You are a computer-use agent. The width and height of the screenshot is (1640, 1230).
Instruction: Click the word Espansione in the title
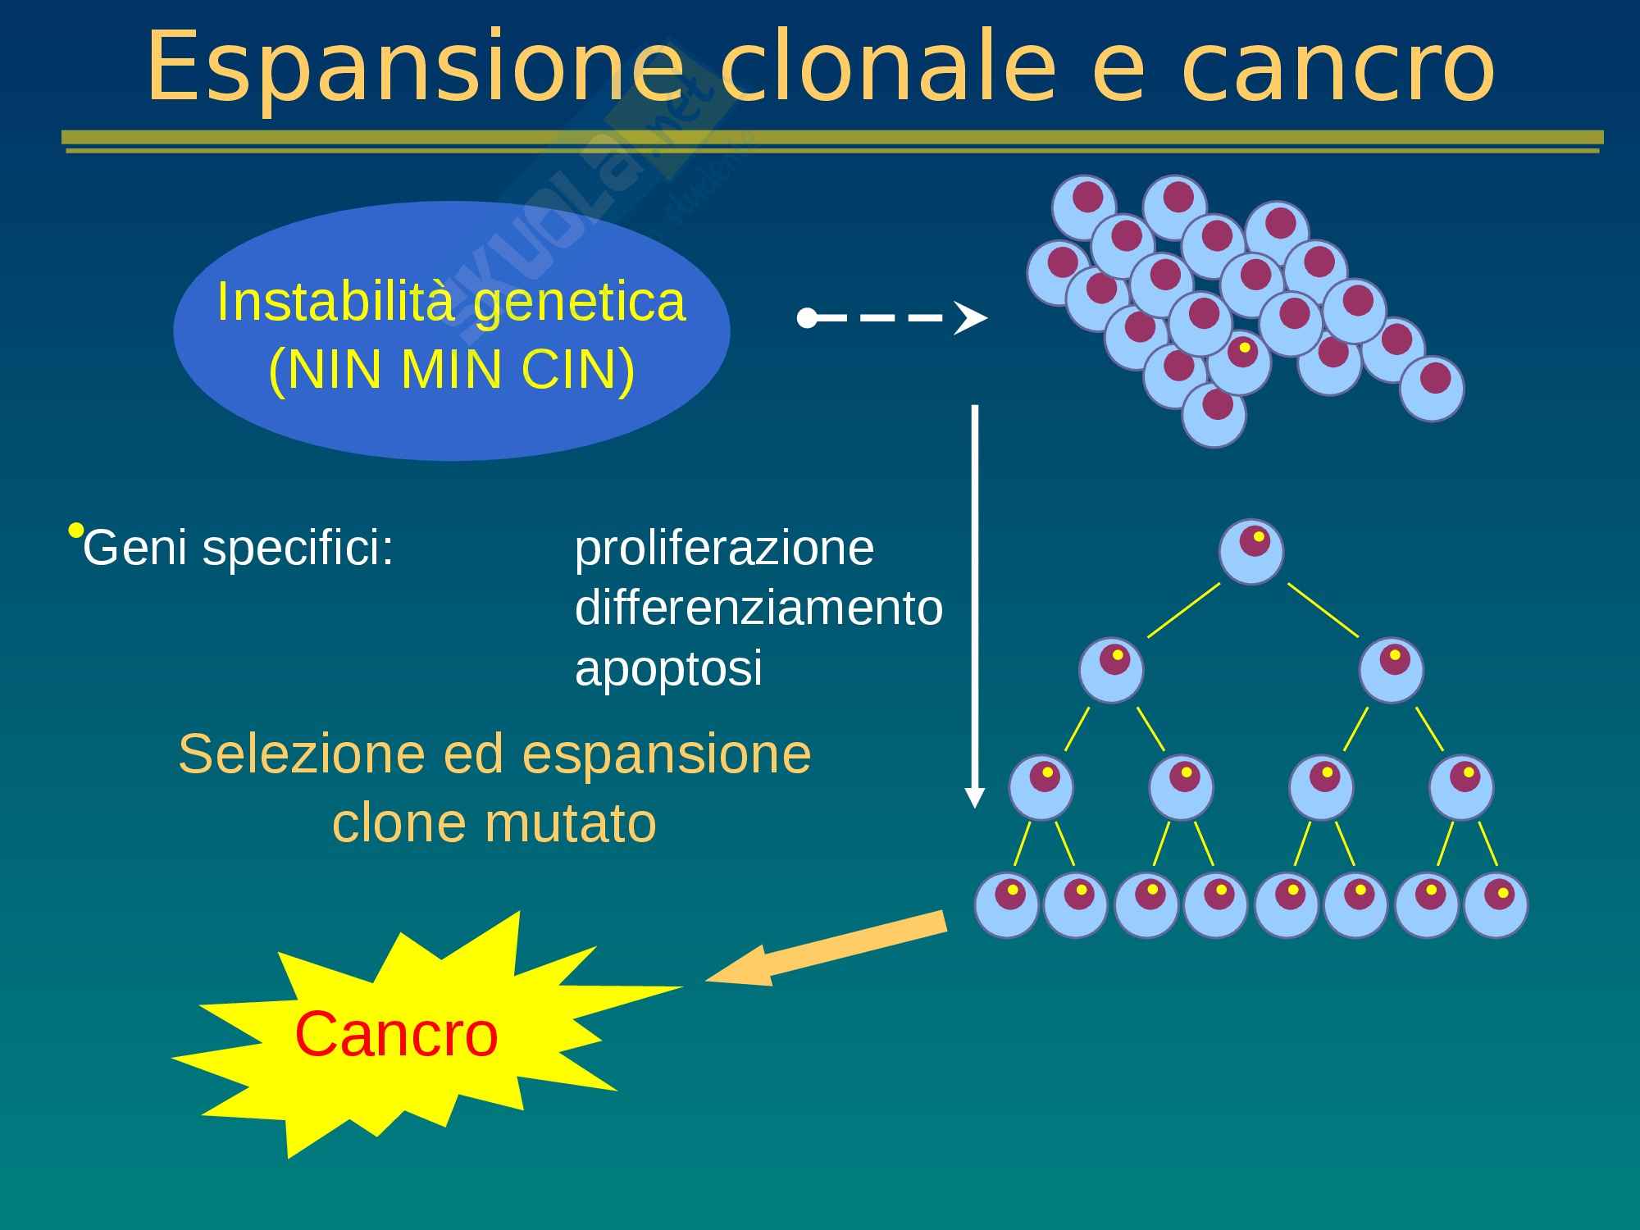click(415, 68)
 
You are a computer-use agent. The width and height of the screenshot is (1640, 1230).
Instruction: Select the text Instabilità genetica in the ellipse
click(451, 303)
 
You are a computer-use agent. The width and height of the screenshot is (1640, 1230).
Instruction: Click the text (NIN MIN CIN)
click(452, 371)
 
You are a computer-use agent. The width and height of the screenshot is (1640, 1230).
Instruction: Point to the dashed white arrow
click(892, 318)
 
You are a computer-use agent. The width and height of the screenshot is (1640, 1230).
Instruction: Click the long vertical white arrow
click(975, 607)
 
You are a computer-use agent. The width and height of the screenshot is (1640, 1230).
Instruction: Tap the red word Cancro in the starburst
click(397, 1035)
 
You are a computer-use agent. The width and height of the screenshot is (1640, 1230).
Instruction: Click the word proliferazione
click(724, 549)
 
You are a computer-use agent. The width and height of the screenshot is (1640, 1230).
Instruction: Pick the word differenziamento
click(758, 608)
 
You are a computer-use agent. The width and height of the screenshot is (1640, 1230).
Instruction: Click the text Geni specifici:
click(239, 548)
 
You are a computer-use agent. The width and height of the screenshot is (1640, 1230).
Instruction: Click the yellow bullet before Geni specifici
click(75, 530)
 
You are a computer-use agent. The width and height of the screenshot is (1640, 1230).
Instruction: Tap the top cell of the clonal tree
click(1251, 552)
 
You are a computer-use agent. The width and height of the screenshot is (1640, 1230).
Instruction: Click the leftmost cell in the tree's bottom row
click(1007, 905)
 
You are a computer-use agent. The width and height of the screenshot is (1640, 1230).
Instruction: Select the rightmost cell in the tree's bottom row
click(1496, 905)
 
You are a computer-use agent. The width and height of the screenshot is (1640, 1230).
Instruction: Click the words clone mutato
click(494, 822)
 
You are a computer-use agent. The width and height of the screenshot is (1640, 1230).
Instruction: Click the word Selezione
click(302, 754)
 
